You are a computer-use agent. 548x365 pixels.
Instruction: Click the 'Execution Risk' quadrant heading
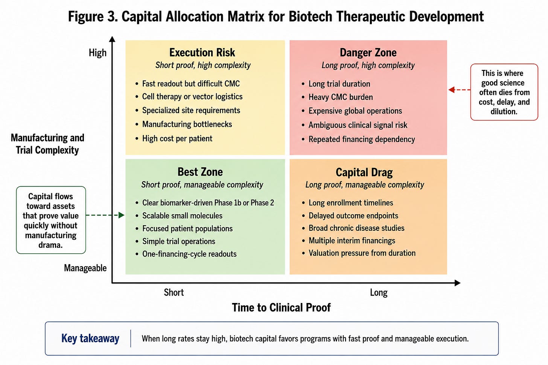point(202,53)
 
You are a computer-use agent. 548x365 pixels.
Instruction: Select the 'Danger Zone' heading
point(368,53)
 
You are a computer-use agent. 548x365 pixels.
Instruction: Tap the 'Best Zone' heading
point(200,172)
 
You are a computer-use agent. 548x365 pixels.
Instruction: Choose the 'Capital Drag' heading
point(364,172)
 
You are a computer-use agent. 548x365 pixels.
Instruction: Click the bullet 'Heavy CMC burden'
point(341,97)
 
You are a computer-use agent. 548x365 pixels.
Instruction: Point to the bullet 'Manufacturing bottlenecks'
point(187,124)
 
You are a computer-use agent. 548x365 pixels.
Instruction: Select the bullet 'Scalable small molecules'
point(182,215)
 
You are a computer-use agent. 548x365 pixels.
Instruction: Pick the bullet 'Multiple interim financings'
point(352,241)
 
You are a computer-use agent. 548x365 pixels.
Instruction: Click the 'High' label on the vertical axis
point(97,53)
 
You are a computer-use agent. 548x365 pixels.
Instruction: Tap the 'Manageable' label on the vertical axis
point(85,268)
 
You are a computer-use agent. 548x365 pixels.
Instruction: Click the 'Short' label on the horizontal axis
point(174,292)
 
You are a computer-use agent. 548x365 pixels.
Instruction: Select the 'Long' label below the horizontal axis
point(379,292)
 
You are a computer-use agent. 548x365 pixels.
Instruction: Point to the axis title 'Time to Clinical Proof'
point(282,307)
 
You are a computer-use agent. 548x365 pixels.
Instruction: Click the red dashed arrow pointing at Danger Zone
point(460,90)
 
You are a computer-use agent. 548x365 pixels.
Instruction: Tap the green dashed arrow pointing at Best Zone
point(105,215)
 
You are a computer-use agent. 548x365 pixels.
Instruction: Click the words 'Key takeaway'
point(90,338)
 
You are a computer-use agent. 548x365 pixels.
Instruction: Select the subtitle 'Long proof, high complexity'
point(368,65)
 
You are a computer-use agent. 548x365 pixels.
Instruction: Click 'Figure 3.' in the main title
point(93,17)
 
